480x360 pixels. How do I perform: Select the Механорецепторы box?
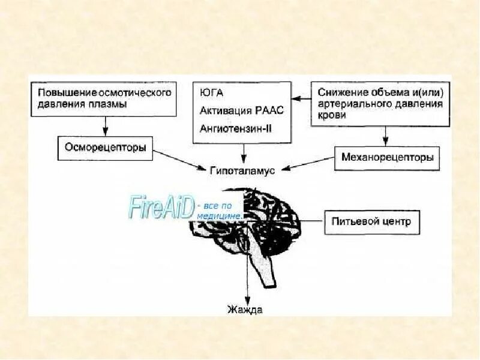coord(386,158)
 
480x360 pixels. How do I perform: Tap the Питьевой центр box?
coord(371,221)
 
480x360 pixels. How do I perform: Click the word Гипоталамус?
coord(242,171)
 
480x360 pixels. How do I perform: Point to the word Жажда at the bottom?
coord(245,310)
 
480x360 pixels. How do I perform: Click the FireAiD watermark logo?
coord(161,206)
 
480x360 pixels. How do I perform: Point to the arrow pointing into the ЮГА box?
coord(300,96)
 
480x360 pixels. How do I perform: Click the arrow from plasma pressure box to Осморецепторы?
coord(106,125)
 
